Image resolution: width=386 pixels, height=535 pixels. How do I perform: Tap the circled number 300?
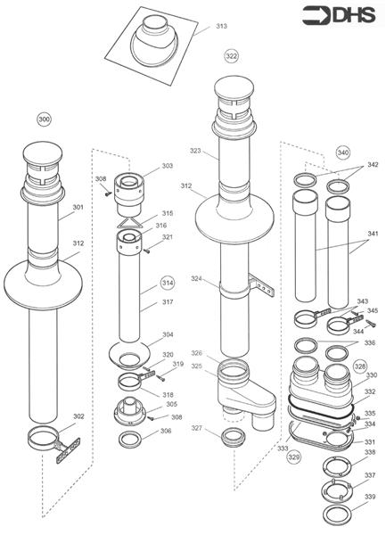[x=45, y=119]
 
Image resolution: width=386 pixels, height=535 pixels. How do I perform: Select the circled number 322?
[x=232, y=55]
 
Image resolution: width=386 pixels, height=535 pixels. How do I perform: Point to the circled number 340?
[x=343, y=152]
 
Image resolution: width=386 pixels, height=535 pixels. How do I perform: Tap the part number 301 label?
[x=78, y=208]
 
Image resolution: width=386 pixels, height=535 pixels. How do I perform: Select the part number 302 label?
[x=78, y=416]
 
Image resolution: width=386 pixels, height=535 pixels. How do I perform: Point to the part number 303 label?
[x=167, y=166]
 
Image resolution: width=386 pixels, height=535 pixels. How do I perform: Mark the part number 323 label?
[x=194, y=152]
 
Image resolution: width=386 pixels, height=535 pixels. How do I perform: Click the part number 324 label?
[x=195, y=279]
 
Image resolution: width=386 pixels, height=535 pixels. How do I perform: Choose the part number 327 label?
[x=196, y=429]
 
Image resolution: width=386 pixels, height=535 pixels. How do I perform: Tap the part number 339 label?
[x=370, y=497]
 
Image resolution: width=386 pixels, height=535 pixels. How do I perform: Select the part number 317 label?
[x=167, y=301]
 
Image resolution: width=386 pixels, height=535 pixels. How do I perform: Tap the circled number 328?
[x=359, y=366]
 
